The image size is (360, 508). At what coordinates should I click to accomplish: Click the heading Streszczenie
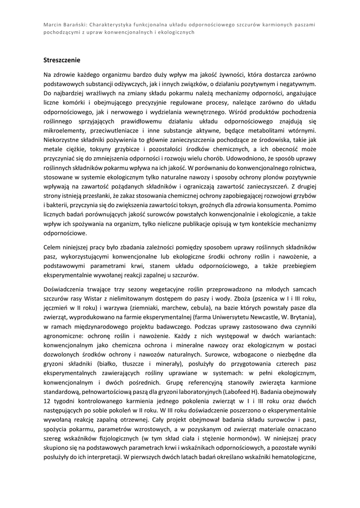point(62,60)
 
